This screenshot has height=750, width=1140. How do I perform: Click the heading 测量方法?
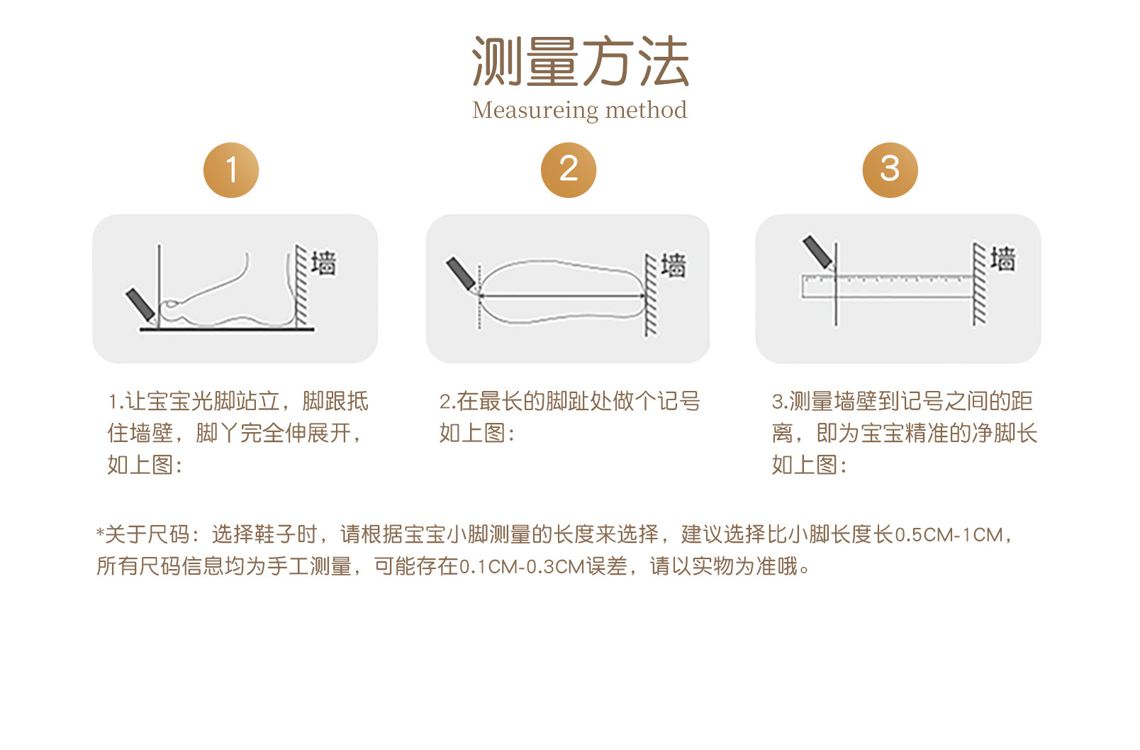click(x=580, y=61)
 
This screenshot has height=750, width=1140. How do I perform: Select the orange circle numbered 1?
click(x=231, y=170)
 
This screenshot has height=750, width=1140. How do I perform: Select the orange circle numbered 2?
click(x=569, y=170)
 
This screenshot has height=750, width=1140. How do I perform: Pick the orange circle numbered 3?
click(x=890, y=170)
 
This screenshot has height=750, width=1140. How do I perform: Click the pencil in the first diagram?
click(x=140, y=305)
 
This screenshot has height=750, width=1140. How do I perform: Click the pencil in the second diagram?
click(x=461, y=274)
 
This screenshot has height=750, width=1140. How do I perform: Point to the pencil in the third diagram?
click(x=817, y=252)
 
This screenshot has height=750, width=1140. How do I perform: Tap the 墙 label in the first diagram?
click(x=324, y=263)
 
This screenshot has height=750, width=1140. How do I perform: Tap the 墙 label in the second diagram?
click(x=674, y=265)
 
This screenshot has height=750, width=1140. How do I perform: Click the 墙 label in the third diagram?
click(x=1003, y=259)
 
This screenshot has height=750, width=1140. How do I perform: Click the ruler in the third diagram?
click(x=888, y=287)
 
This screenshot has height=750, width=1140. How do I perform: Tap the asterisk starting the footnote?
click(x=100, y=533)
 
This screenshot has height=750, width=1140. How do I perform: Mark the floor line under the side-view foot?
click(x=227, y=330)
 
